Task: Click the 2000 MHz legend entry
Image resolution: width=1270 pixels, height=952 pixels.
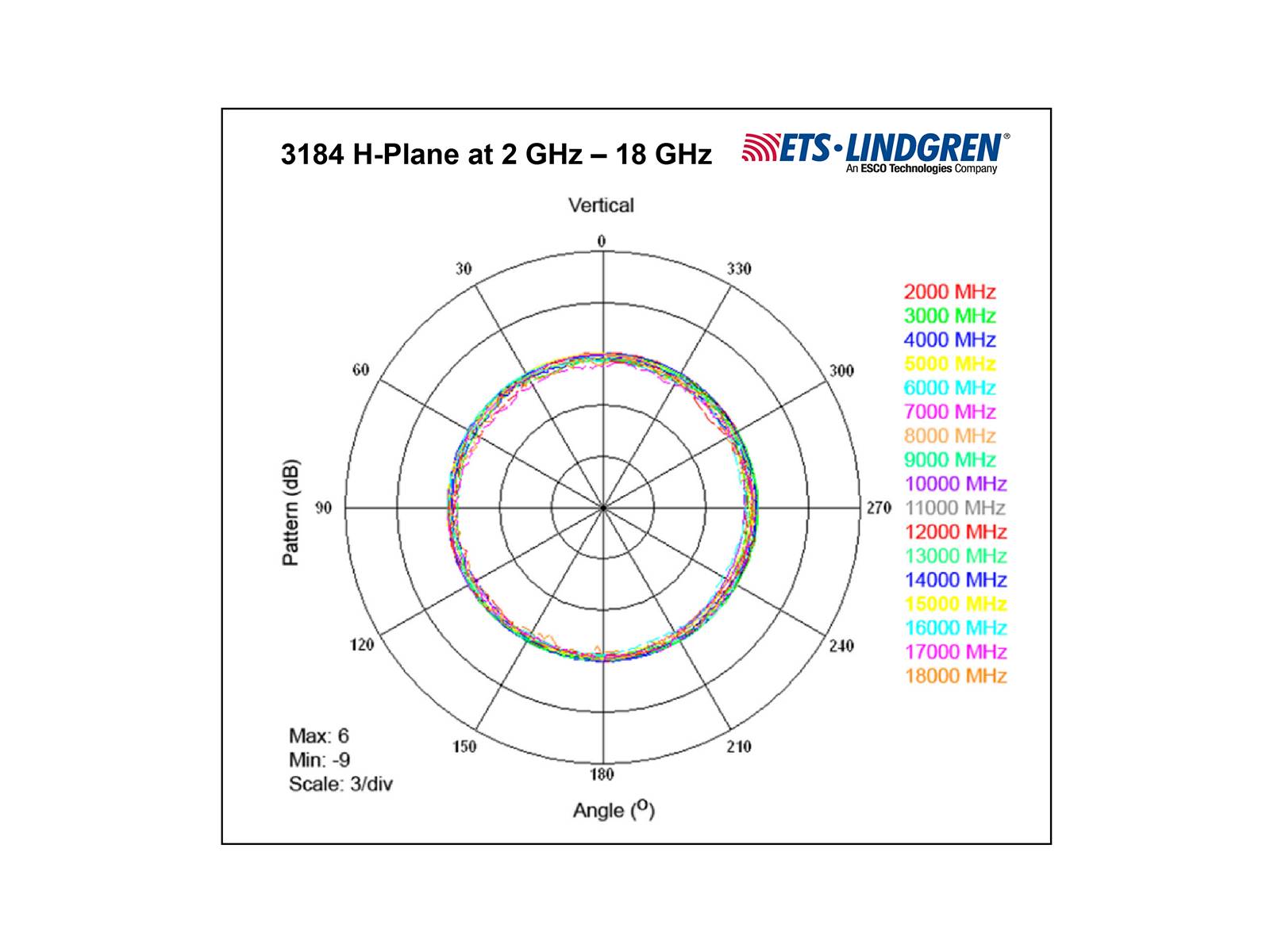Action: [949, 291]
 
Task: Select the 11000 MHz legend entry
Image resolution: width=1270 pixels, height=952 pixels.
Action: [955, 508]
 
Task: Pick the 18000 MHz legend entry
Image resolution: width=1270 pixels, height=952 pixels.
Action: [956, 676]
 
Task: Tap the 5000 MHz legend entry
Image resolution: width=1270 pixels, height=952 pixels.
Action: [949, 363]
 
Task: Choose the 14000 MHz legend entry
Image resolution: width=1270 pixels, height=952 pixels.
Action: [956, 580]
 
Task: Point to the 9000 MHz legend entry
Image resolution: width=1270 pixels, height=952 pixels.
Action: [949, 459]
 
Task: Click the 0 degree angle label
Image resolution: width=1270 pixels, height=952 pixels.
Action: [602, 241]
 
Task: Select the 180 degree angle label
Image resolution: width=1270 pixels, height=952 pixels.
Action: [602, 774]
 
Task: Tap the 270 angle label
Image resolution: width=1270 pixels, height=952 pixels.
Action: [879, 508]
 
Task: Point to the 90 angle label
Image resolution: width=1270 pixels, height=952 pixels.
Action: [323, 508]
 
